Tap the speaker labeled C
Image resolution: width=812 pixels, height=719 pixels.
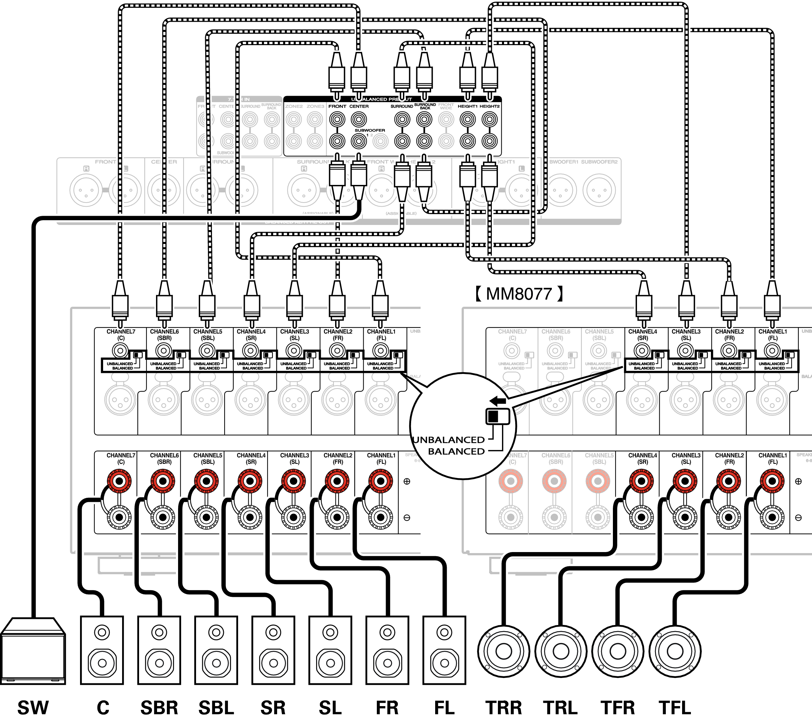click(x=102, y=650)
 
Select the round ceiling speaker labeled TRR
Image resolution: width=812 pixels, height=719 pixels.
click(x=504, y=651)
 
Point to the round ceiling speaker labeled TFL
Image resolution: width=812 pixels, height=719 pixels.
click(x=675, y=651)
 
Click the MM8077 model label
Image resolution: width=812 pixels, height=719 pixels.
click(x=519, y=294)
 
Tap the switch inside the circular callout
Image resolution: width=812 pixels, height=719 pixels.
click(x=497, y=416)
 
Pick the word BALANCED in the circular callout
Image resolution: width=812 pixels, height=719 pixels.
click(x=456, y=452)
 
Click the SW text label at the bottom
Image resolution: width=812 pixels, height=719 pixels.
click(x=33, y=708)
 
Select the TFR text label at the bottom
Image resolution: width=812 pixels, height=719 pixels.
click(x=618, y=708)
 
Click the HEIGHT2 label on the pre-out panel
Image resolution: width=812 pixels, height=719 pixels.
click(x=489, y=107)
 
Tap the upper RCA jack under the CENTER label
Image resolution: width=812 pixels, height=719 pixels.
click(x=359, y=119)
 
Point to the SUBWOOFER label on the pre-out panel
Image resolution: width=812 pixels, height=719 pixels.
click(x=370, y=130)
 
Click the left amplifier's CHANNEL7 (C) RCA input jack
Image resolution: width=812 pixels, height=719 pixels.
click(x=120, y=351)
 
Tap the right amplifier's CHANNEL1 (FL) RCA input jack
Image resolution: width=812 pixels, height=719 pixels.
click(x=772, y=351)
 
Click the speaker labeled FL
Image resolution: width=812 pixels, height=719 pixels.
click(x=444, y=650)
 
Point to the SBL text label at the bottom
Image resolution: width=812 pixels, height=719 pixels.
click(x=216, y=708)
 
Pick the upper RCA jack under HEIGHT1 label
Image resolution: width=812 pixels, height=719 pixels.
click(x=468, y=119)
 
